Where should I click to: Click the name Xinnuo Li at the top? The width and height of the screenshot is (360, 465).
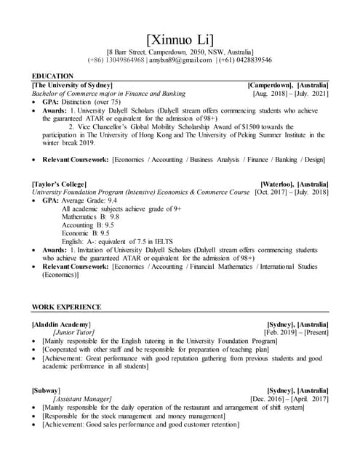[180, 39]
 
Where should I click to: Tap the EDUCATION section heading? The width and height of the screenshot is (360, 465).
[52, 76]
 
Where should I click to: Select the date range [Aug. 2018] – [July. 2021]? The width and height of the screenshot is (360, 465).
[290, 94]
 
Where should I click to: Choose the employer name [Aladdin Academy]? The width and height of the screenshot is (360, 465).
[62, 323]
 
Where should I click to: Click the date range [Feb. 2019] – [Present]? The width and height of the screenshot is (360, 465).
[296, 332]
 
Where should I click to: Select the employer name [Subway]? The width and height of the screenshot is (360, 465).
[47, 390]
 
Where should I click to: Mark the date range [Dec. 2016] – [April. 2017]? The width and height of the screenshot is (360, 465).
[289, 399]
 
